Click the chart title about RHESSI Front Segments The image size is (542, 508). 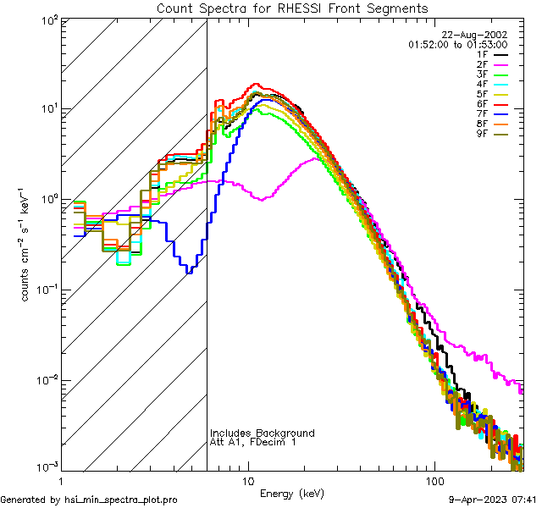[292, 8]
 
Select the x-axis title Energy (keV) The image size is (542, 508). [293, 493]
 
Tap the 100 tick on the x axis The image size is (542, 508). [434, 480]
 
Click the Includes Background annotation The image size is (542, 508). [263, 433]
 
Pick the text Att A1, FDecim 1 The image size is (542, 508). [253, 442]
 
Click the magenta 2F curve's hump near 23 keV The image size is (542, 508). [315, 158]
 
